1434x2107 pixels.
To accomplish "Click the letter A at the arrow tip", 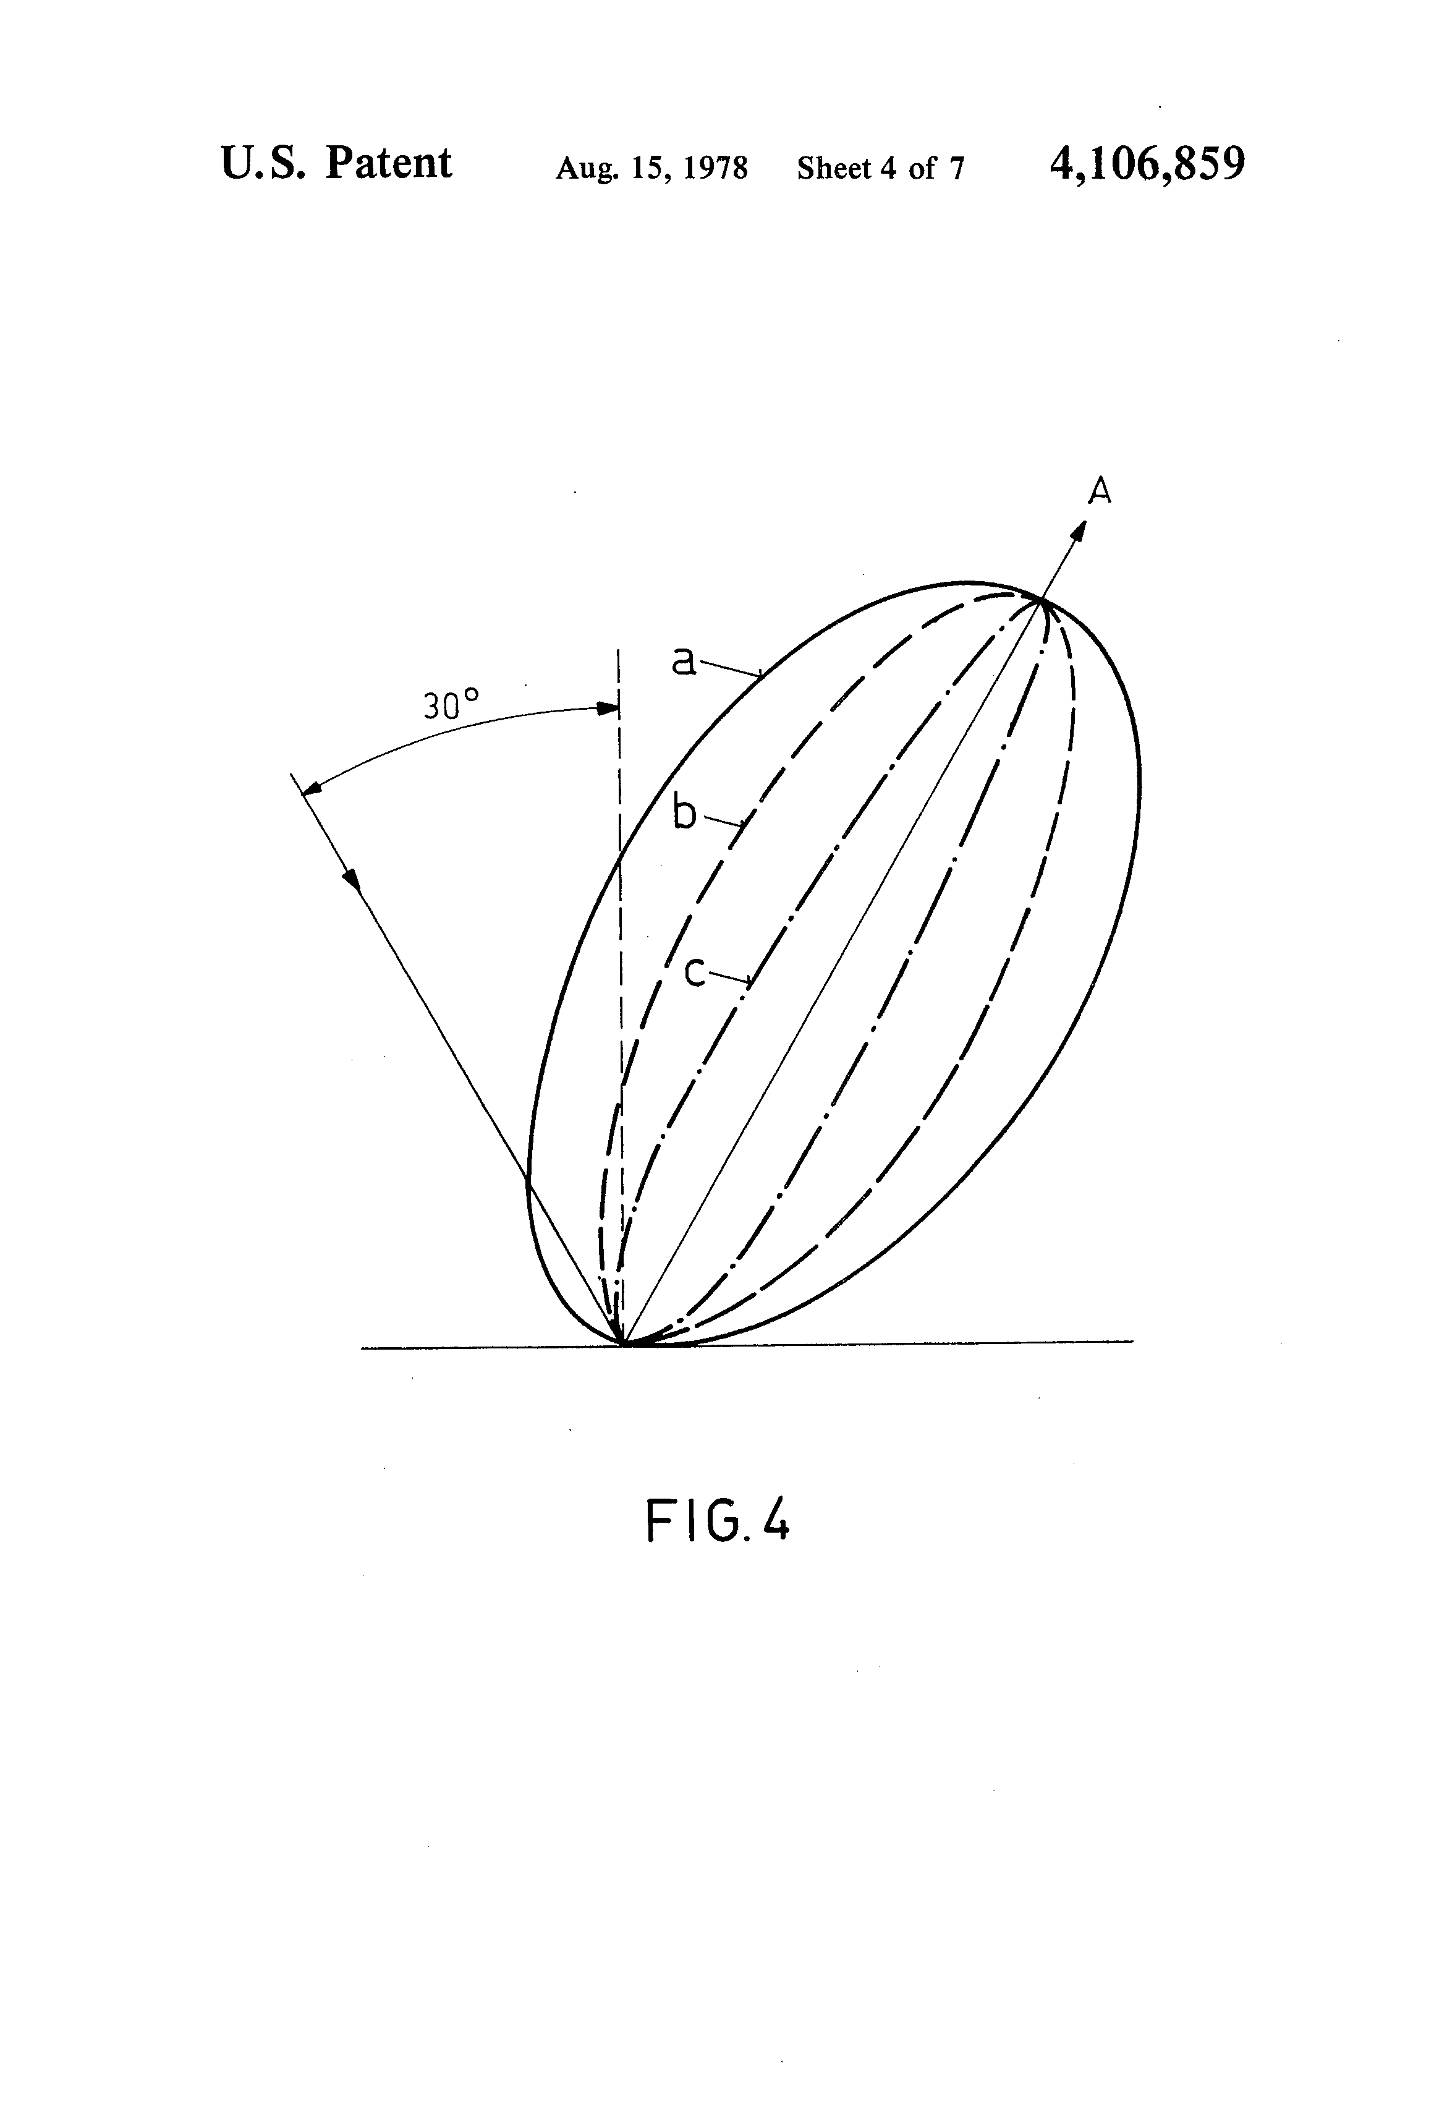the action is click(x=1098, y=492).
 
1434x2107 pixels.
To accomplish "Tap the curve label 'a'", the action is click(x=684, y=660).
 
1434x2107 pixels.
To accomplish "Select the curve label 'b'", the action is click(x=684, y=813).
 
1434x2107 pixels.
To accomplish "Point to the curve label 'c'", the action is click(x=694, y=972).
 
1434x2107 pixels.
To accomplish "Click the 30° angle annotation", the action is click(x=451, y=704).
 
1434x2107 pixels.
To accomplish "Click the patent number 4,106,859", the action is click(x=1147, y=164).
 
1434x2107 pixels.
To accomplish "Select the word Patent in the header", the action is click(x=388, y=163).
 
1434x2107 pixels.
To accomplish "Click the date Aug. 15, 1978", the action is click(x=651, y=168).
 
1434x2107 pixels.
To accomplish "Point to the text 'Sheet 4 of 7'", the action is click(x=880, y=168).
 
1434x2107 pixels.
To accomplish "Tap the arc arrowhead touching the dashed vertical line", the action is click(x=606, y=708).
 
